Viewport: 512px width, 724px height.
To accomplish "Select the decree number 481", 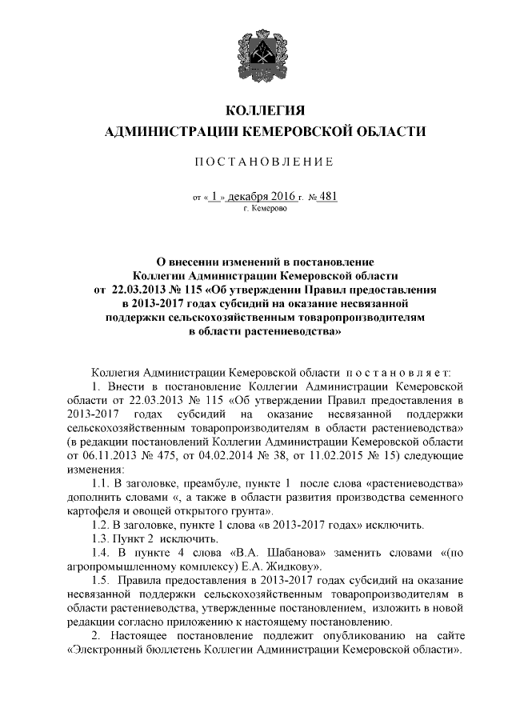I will pos(326,194).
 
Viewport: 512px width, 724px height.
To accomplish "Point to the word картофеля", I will pos(94,510).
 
